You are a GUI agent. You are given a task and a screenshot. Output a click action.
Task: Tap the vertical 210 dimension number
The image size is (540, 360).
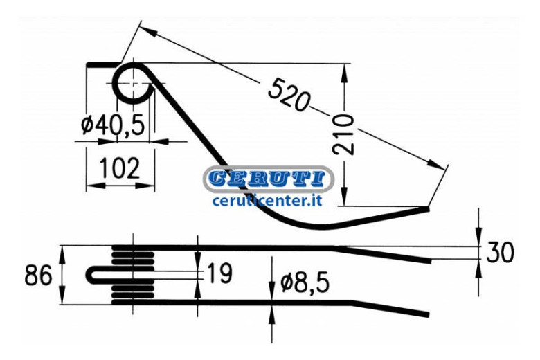[x=343, y=134]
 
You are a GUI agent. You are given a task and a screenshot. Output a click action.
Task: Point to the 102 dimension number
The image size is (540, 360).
[x=120, y=168]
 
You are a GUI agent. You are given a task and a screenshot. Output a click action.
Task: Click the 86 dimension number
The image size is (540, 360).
[x=38, y=275]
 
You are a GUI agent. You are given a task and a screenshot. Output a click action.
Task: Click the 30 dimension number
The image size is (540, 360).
[x=500, y=252]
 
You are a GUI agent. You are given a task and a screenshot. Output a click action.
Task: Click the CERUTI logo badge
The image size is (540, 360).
[x=269, y=179]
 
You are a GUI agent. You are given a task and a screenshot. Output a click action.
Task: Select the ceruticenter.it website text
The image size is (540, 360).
[x=267, y=200]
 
